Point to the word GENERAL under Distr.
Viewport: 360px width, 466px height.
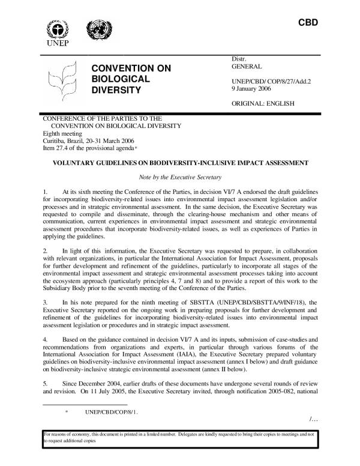point(246,67)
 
